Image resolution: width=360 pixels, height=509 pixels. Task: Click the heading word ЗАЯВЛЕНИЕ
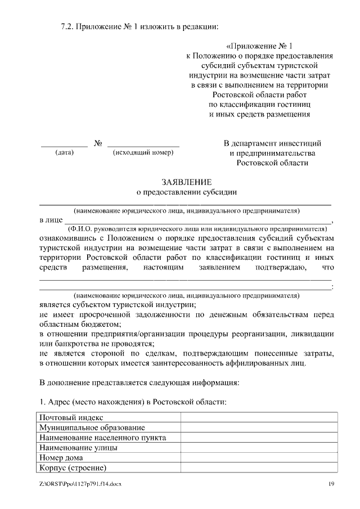coord(187,182)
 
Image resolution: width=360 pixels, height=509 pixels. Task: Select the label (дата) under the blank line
coord(64,152)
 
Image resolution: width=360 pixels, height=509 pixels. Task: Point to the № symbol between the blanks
coord(97,143)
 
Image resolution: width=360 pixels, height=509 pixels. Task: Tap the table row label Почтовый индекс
coord(70,417)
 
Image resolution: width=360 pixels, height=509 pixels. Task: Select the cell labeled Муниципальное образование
coord(92,427)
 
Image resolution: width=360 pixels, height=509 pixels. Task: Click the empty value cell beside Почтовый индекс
coord(259,417)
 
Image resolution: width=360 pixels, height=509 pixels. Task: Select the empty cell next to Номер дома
coord(259,458)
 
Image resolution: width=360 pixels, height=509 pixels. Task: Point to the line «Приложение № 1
coord(259,47)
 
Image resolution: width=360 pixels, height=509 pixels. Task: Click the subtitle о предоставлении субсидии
coord(187,192)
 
